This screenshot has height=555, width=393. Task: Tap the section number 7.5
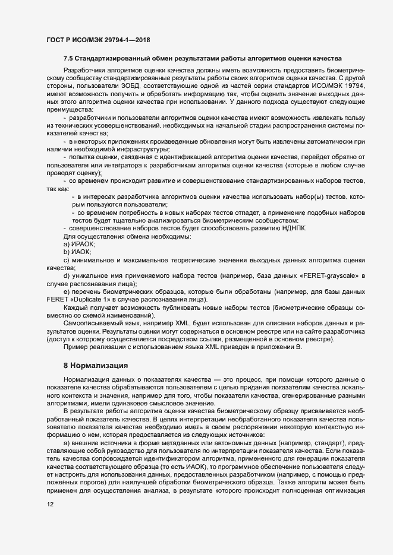click(69, 59)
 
